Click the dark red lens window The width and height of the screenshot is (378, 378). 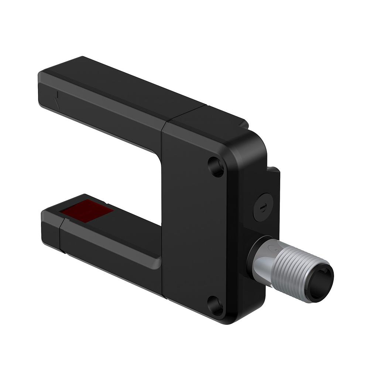(87, 211)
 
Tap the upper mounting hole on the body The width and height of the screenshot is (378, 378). (216, 166)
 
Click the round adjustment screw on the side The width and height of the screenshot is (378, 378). (263, 207)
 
